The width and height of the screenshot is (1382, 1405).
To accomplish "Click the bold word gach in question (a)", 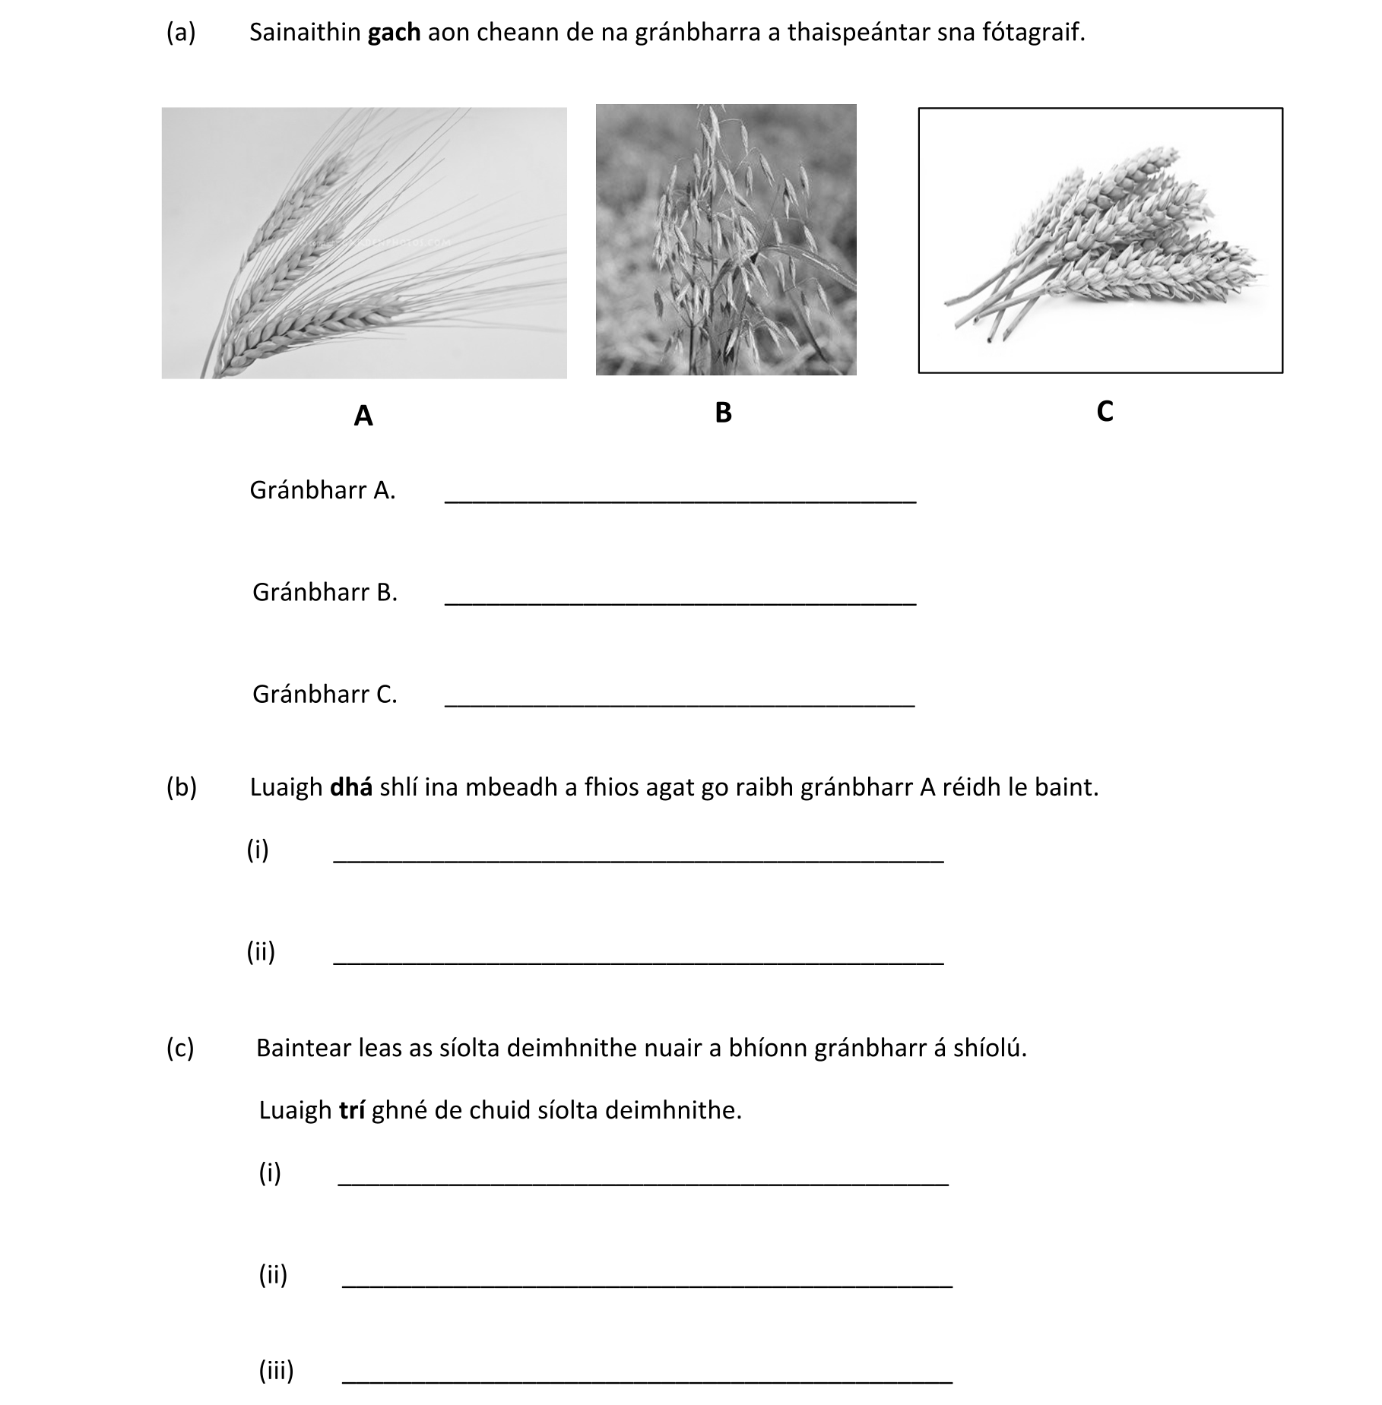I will [x=394, y=33].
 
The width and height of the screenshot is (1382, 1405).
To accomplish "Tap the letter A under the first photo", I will [x=363, y=416].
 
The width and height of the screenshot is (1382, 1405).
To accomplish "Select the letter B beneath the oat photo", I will [x=723, y=413].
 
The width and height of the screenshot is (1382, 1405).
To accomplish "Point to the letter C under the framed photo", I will [x=1105, y=411].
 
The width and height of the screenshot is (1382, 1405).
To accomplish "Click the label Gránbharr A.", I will [x=322, y=491].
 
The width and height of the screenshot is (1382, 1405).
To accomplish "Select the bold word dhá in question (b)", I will [x=350, y=787].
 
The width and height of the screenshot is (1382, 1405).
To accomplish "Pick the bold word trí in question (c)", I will [x=352, y=1111].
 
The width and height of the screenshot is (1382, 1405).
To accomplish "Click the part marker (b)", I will [x=181, y=787].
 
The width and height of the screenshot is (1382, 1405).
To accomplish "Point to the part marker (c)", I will [x=180, y=1049].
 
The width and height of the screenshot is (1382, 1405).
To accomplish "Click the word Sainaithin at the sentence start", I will [x=304, y=33].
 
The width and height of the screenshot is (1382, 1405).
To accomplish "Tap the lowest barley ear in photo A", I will [x=304, y=334].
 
